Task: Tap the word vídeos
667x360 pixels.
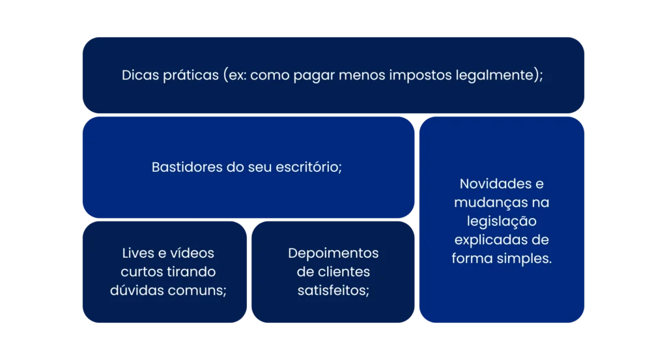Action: click(193, 253)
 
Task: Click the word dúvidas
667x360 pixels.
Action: click(137, 290)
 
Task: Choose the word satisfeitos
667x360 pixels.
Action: click(332, 290)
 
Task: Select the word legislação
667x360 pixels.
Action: click(502, 221)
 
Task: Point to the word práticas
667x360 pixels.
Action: click(191, 76)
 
